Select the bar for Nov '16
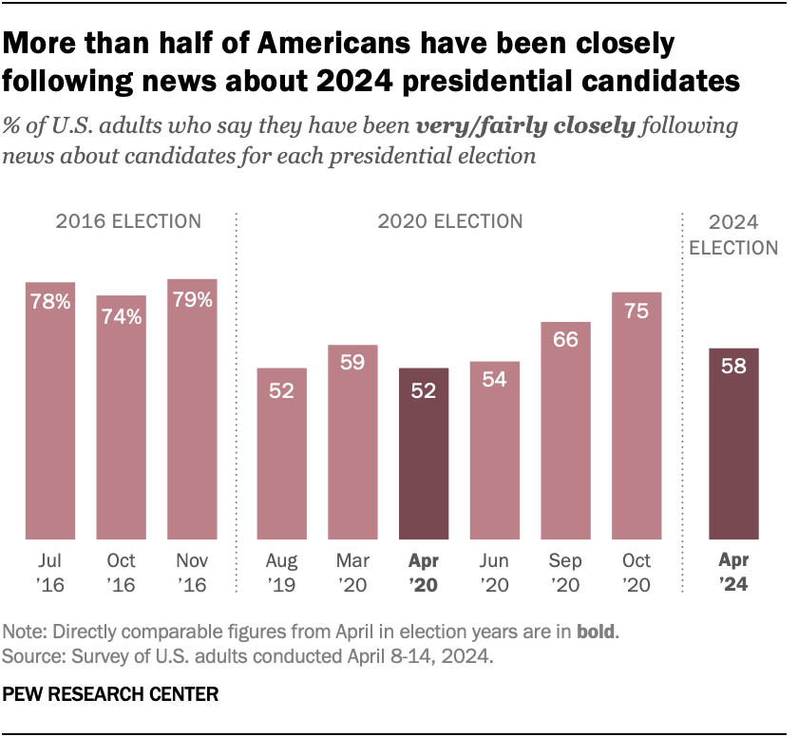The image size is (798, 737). (x=192, y=411)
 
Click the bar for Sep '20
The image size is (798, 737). (x=566, y=433)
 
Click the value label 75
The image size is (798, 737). (x=636, y=311)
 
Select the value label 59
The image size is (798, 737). (x=353, y=363)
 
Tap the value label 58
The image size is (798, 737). (x=733, y=367)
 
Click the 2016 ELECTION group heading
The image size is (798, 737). (x=128, y=221)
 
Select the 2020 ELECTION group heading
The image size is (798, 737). (x=450, y=221)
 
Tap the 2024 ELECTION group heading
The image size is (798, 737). (x=733, y=235)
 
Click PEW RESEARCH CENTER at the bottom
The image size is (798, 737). (x=111, y=695)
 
